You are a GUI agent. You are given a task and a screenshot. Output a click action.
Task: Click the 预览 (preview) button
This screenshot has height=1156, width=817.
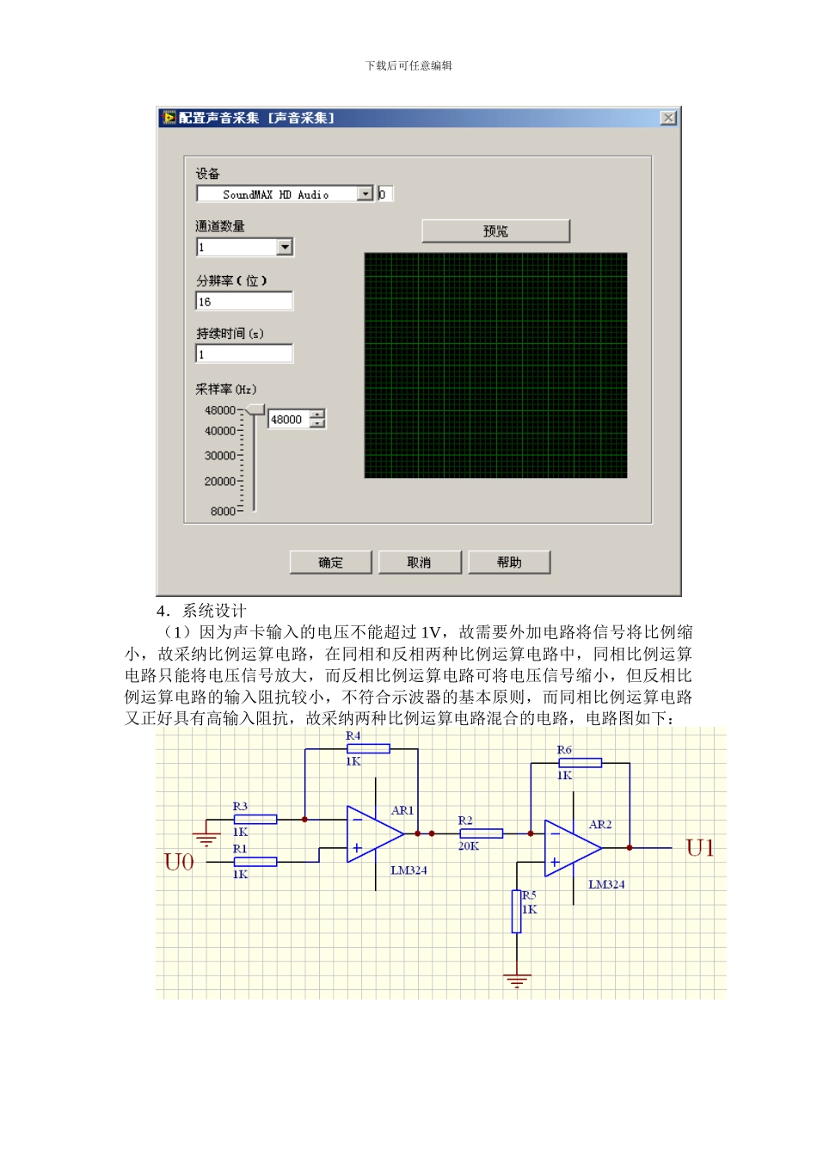[495, 231]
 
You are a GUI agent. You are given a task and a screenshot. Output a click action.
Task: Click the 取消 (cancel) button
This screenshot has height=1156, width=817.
[420, 563]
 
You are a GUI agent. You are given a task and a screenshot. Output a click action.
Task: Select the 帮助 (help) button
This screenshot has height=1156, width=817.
[509, 563]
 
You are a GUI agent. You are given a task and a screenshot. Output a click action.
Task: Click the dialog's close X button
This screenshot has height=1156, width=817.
[668, 118]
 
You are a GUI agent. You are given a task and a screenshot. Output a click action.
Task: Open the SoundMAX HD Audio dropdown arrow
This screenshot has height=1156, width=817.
[365, 194]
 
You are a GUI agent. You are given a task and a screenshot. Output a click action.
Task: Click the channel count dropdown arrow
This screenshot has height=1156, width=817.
[285, 248]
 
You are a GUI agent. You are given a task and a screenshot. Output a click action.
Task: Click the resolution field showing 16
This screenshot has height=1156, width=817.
[244, 302]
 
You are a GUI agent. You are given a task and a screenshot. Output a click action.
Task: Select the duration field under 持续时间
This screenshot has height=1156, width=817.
[244, 354]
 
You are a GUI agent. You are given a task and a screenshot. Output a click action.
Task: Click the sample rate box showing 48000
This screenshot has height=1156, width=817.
[289, 420]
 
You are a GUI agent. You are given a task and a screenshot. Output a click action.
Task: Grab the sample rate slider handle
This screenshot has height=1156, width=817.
[255, 409]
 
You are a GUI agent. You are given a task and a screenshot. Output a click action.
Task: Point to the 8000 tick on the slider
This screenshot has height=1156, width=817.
[224, 511]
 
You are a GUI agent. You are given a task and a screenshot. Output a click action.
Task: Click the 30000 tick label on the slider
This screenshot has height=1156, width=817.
[220, 456]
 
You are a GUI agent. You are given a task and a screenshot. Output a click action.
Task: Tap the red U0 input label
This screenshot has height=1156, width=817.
[179, 862]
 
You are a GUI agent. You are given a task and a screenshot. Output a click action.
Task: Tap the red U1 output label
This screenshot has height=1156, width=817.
[699, 849]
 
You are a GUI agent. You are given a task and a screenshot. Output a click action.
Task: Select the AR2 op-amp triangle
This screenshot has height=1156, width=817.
[571, 849]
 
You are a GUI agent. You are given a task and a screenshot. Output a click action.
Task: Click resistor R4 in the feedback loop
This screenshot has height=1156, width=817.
[368, 749]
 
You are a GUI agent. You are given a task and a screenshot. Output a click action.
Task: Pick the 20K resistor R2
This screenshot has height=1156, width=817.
[481, 833]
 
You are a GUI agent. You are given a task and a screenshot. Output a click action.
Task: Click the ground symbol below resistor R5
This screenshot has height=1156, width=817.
[517, 980]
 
